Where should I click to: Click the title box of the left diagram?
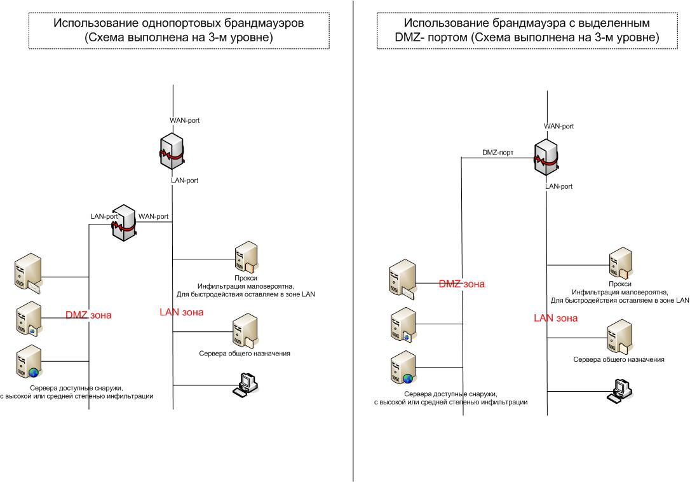tap(179, 30)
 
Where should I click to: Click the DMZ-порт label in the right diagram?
tap(497, 153)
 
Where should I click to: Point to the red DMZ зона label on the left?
tap(88, 314)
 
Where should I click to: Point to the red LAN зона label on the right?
tap(555, 318)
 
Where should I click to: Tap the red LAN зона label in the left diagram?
tap(181, 312)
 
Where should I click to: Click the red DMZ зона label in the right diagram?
tap(461, 284)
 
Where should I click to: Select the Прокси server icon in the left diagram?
tap(245, 258)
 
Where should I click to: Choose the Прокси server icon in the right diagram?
tap(619, 263)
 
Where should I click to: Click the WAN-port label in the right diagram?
tap(558, 127)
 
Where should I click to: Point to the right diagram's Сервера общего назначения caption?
tap(618, 359)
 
